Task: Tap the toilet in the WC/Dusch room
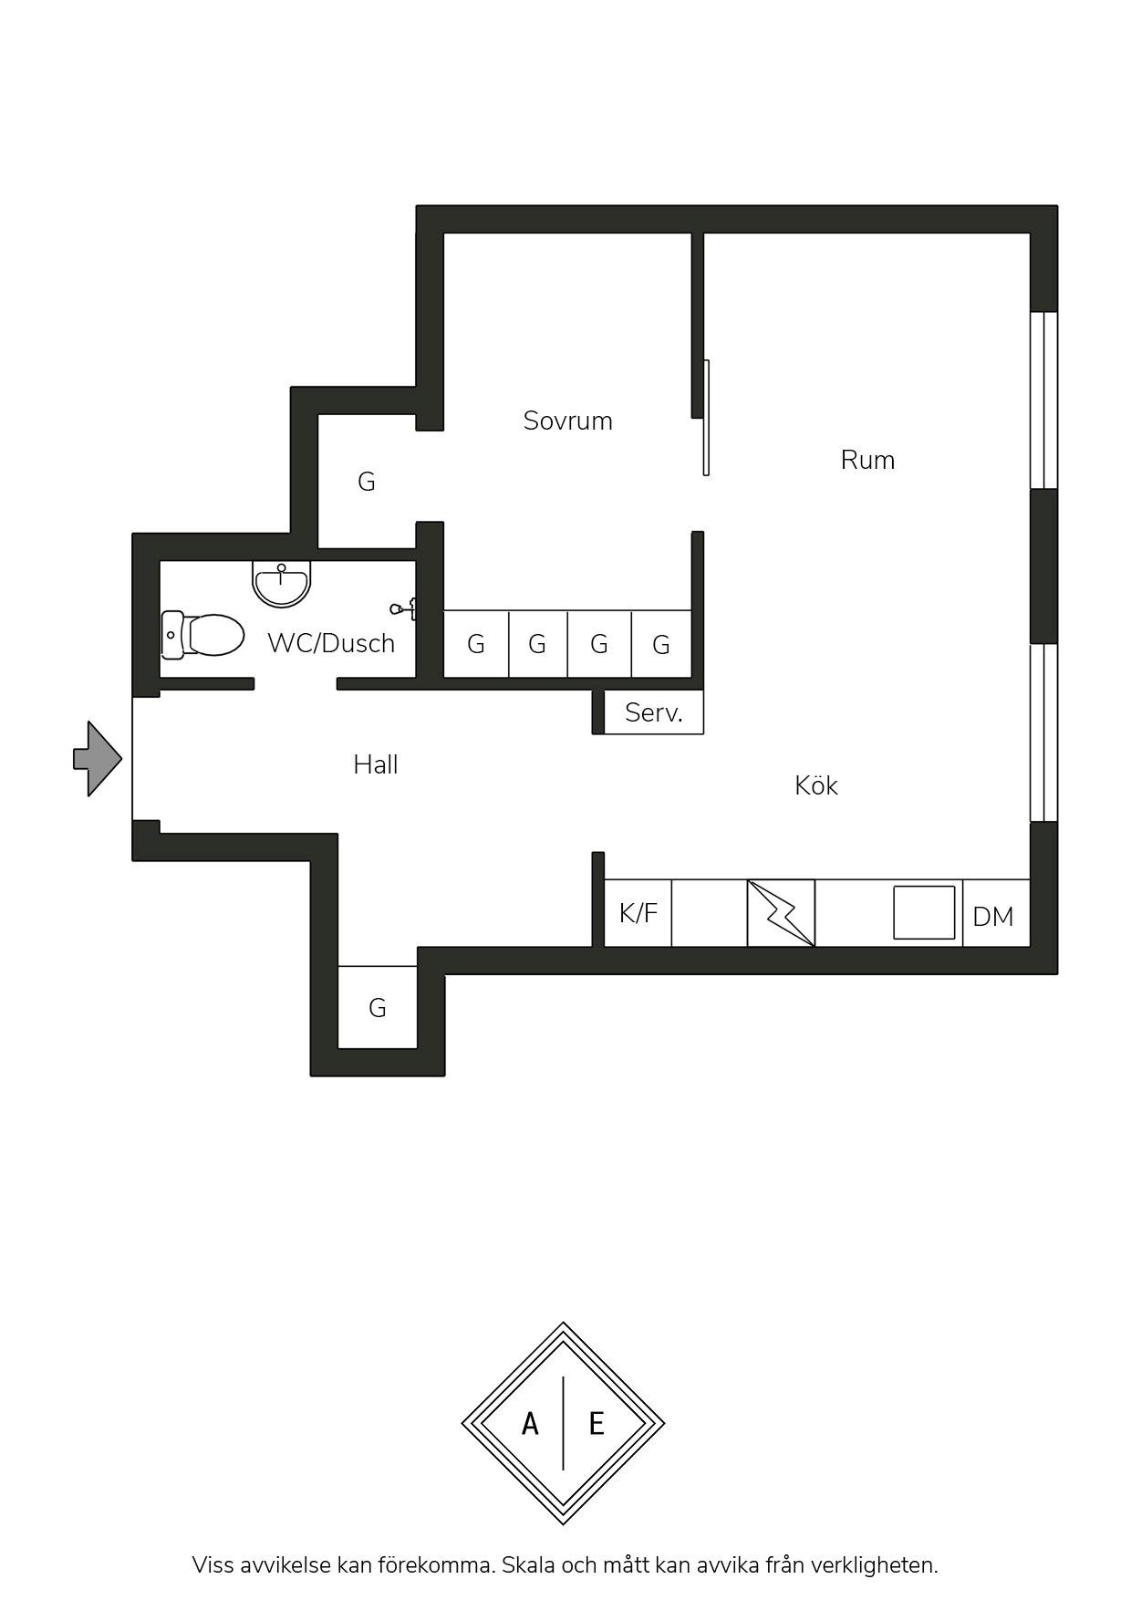[x=202, y=634]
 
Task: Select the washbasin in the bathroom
[x=282, y=583]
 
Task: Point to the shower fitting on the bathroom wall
[x=404, y=608]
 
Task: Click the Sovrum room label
[x=567, y=421]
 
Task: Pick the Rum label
[x=867, y=460]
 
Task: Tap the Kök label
[x=815, y=785]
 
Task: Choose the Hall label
[x=376, y=764]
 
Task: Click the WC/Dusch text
[x=331, y=643]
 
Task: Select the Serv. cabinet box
[x=654, y=712]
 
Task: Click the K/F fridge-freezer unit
[x=638, y=913]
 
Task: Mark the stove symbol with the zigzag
[x=781, y=913]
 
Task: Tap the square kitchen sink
[x=924, y=912]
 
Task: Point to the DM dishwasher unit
[x=996, y=913]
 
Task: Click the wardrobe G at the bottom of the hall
[x=378, y=1007]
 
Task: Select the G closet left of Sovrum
[x=366, y=482]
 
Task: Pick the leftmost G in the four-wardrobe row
[x=476, y=644]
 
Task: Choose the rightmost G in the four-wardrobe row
[x=661, y=644]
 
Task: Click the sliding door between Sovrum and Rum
[x=706, y=418]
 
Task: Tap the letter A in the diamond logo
[x=530, y=1423]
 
